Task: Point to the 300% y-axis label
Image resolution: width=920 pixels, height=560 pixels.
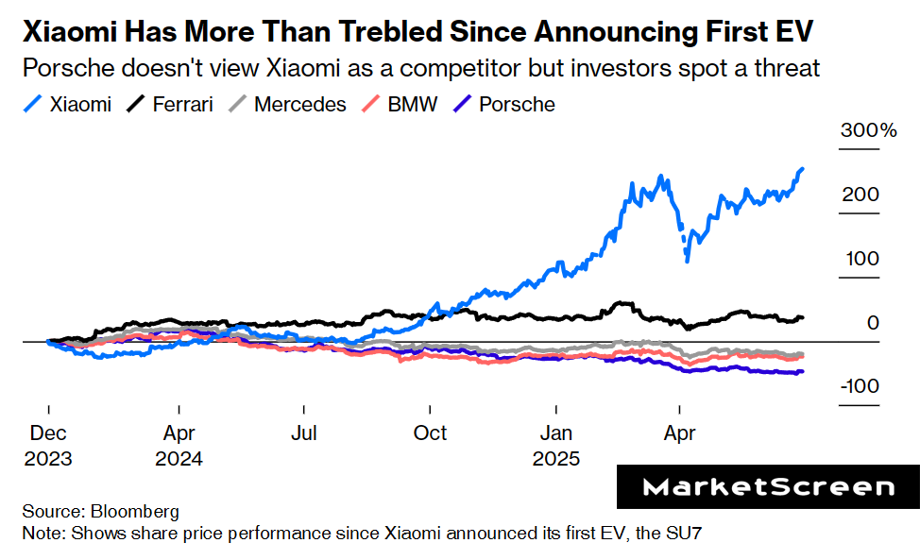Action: (869, 130)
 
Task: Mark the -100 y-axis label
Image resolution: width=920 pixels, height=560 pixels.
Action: (860, 387)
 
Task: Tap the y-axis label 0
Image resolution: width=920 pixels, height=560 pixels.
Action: (873, 323)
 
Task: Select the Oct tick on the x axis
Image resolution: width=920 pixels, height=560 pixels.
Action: (431, 433)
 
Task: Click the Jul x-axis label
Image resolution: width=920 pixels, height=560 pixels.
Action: (304, 433)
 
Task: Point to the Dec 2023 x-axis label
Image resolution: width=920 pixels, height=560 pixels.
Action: (47, 446)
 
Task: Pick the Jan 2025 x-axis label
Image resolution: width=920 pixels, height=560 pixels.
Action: (556, 446)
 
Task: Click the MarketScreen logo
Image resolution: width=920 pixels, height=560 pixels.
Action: (768, 487)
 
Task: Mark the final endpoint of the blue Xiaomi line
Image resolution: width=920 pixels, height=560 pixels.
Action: (803, 169)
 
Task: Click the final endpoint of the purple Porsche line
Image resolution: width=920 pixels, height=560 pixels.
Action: (803, 371)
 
